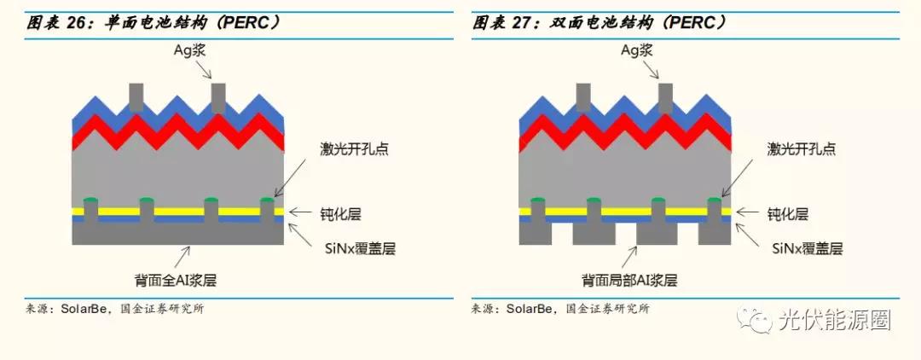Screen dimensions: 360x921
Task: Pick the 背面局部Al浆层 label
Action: point(629,279)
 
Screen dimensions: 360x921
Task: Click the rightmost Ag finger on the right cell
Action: point(665,97)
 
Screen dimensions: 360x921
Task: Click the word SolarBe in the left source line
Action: point(83,309)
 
